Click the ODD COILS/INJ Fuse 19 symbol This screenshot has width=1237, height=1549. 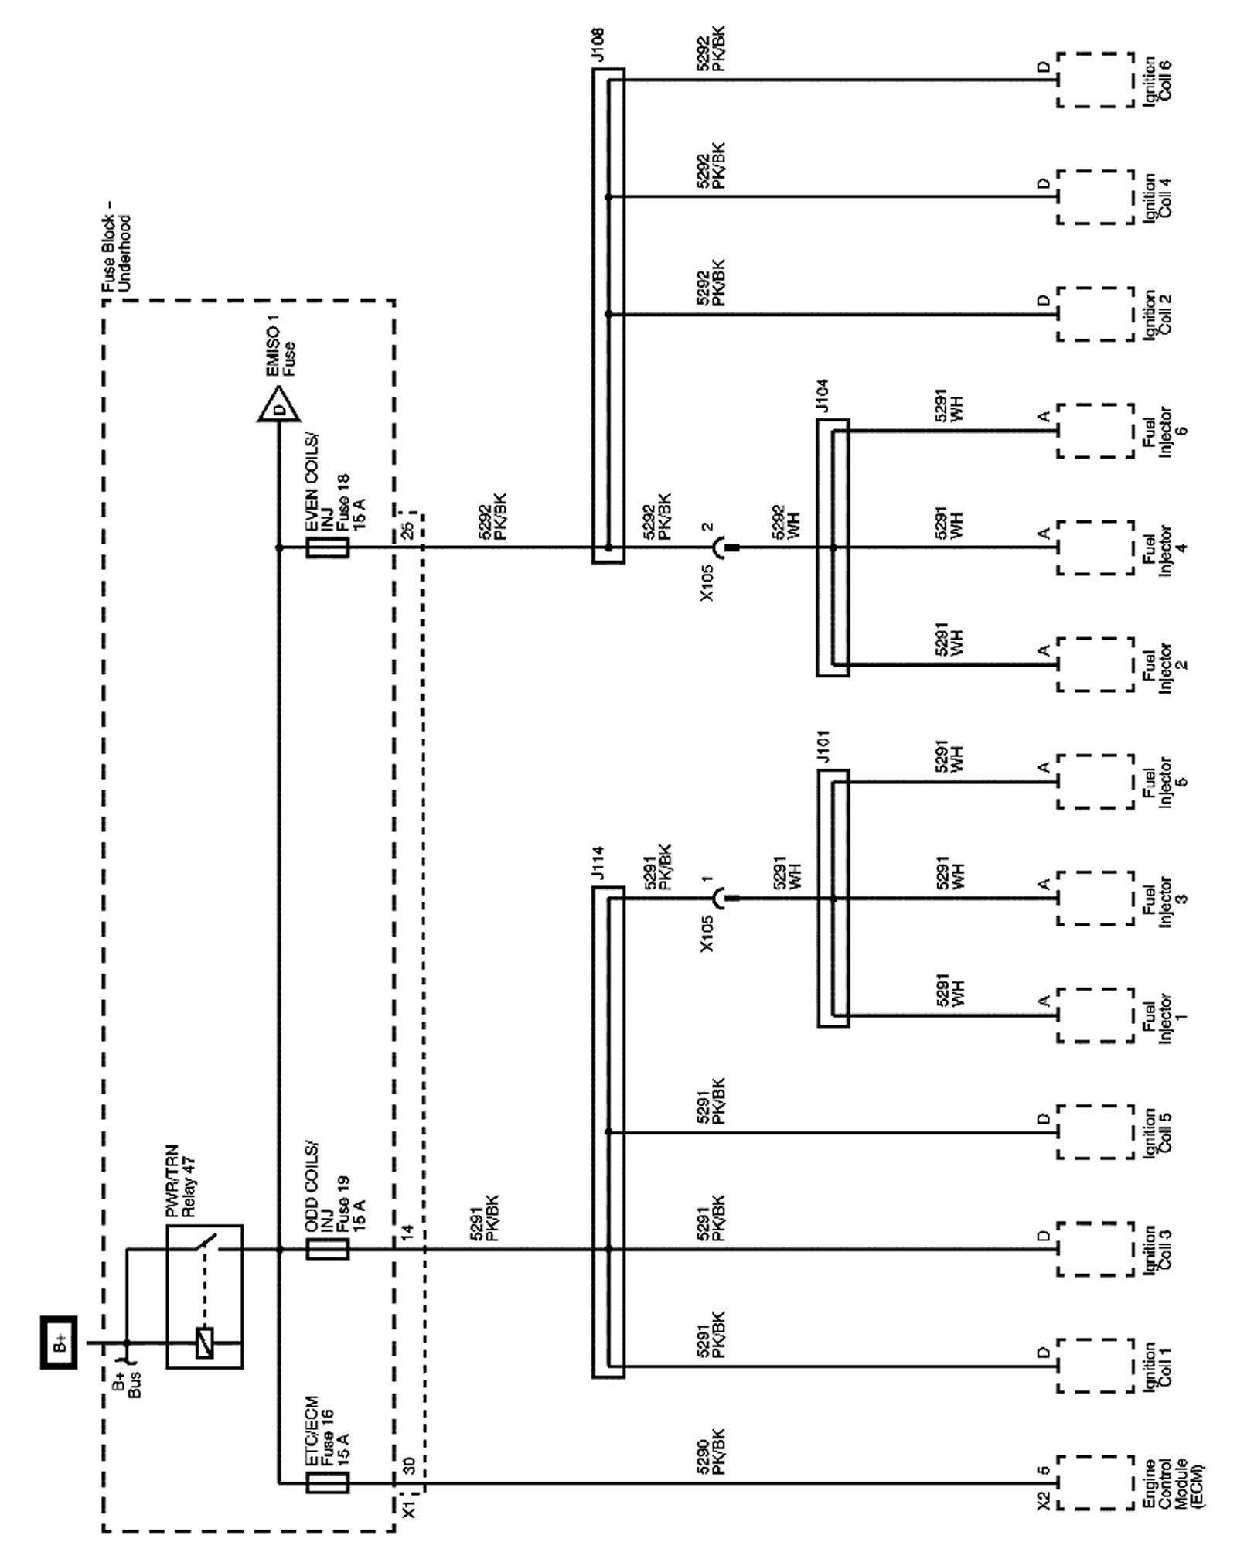pyautogui.click(x=327, y=1249)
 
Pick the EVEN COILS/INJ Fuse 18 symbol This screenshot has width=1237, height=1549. pyautogui.click(x=327, y=548)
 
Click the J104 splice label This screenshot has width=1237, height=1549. pyautogui.click(x=823, y=397)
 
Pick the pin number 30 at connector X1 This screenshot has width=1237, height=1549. pyautogui.click(x=409, y=1464)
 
